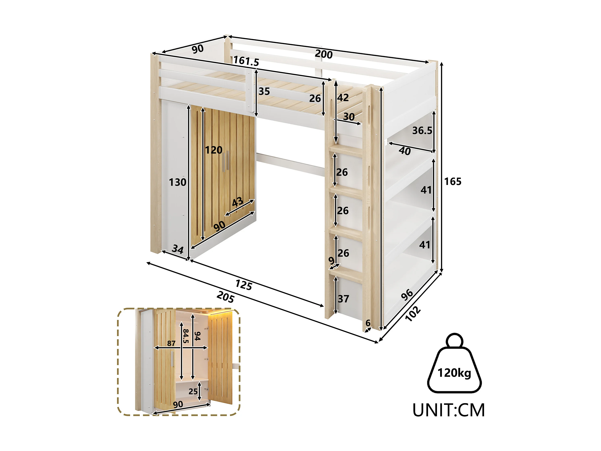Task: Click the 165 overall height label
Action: tap(453, 181)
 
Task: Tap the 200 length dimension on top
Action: tap(324, 54)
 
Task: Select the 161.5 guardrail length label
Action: tap(246, 61)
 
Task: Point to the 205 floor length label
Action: tap(225, 297)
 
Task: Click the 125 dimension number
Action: tap(244, 285)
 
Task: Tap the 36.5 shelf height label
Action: tap(422, 130)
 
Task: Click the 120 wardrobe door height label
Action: tap(214, 150)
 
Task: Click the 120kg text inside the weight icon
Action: tap(454, 373)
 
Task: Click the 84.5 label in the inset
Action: tap(186, 336)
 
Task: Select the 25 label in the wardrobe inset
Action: tap(193, 391)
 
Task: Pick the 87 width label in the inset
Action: tap(171, 343)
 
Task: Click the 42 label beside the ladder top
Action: tap(343, 98)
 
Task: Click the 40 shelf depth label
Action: tap(404, 151)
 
